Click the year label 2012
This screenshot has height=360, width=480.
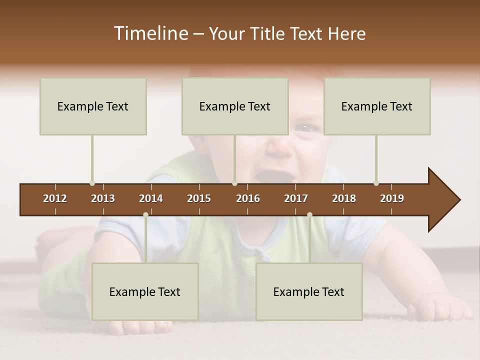pos(55,198)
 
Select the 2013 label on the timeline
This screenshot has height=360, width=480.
pos(103,198)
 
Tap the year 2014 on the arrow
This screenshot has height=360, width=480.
pos(151,198)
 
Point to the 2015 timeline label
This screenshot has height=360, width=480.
pos(199,198)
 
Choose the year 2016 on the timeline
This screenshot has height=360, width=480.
pos(248,198)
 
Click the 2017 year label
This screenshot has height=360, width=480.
pos(296,198)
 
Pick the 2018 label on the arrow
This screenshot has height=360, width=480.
pos(344,198)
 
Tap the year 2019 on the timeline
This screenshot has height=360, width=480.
pos(392,198)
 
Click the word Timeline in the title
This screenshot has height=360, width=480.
pos(150,33)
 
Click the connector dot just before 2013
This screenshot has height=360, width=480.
pos(92,183)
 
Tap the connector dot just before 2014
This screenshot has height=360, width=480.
pos(145,215)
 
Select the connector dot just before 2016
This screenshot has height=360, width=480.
pos(234,183)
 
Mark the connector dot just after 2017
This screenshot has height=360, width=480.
pos(309,215)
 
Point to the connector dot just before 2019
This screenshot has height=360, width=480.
pos(376,183)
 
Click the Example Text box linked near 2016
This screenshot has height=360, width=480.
pos(235,106)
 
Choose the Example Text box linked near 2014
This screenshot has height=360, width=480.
pos(145,291)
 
